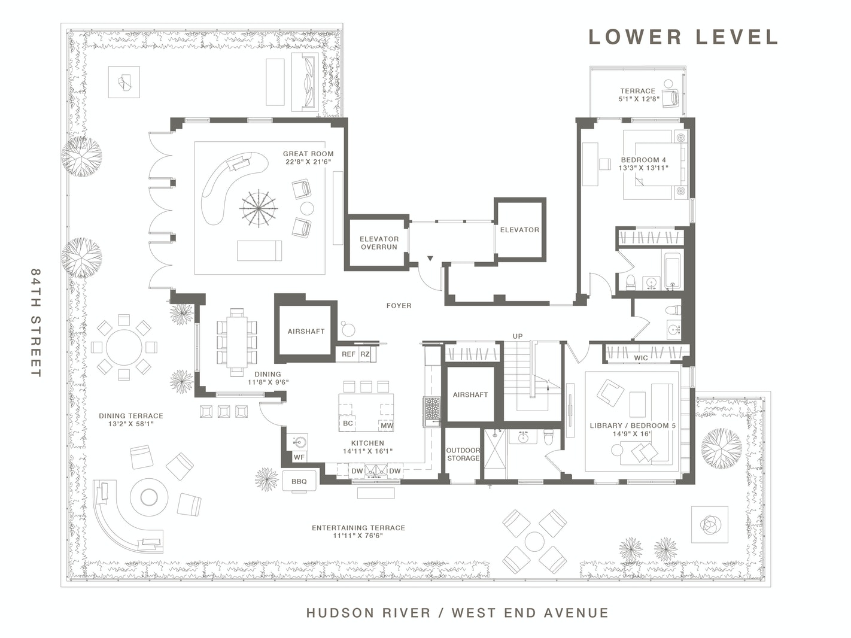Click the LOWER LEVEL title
point(683,37)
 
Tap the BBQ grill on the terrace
point(299,481)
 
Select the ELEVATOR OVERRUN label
point(379,243)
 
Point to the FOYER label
point(399,306)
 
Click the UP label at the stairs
point(518,336)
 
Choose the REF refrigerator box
point(348,354)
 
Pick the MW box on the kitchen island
point(387,425)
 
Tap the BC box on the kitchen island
point(348,423)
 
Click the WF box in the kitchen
point(299,457)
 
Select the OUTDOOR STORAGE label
point(463,454)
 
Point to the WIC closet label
point(641,358)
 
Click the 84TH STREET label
point(36,323)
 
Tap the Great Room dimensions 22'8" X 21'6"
point(308,162)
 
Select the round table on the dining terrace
point(124,347)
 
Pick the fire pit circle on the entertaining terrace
point(149,497)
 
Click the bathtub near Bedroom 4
point(673,271)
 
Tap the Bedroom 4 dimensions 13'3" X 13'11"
point(643,168)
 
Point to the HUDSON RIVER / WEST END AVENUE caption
point(457,612)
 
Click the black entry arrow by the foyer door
point(430,258)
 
